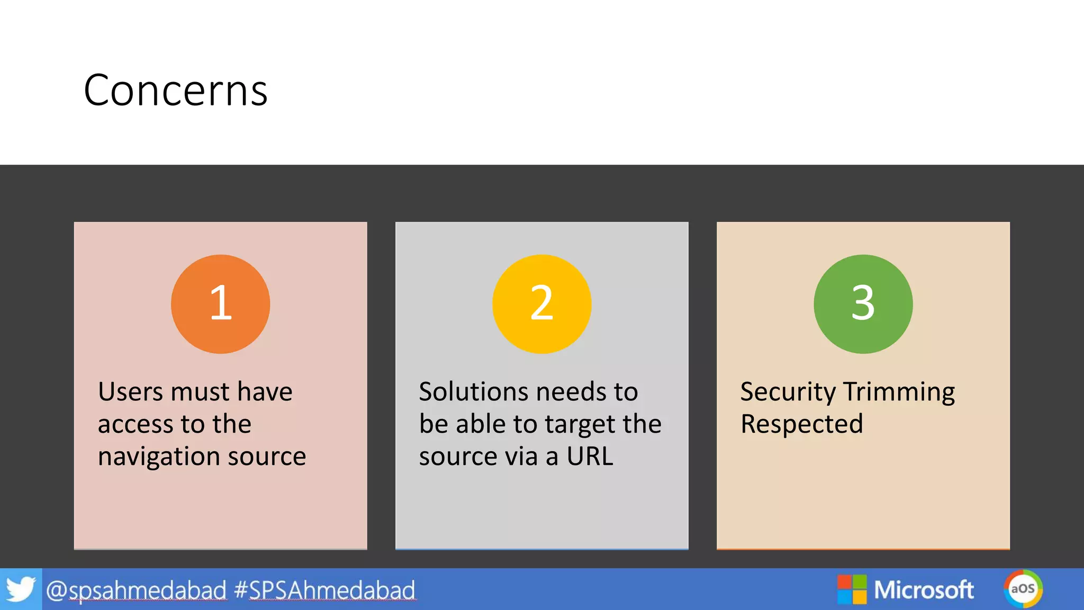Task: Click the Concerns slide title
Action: coord(175,91)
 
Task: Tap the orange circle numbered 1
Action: coord(220,304)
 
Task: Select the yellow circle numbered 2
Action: coord(541,304)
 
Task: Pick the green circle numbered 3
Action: coord(863,304)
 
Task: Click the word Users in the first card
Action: coord(130,392)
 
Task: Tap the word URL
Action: coord(590,456)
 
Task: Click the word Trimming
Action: coord(899,392)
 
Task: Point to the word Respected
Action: coord(801,424)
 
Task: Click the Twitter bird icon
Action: coord(21,589)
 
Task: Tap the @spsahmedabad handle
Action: coord(137,590)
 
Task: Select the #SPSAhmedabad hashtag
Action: coord(324,590)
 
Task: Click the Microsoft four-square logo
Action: coord(852,589)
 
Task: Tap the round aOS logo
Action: coord(1023,589)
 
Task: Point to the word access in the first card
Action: coord(135,425)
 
